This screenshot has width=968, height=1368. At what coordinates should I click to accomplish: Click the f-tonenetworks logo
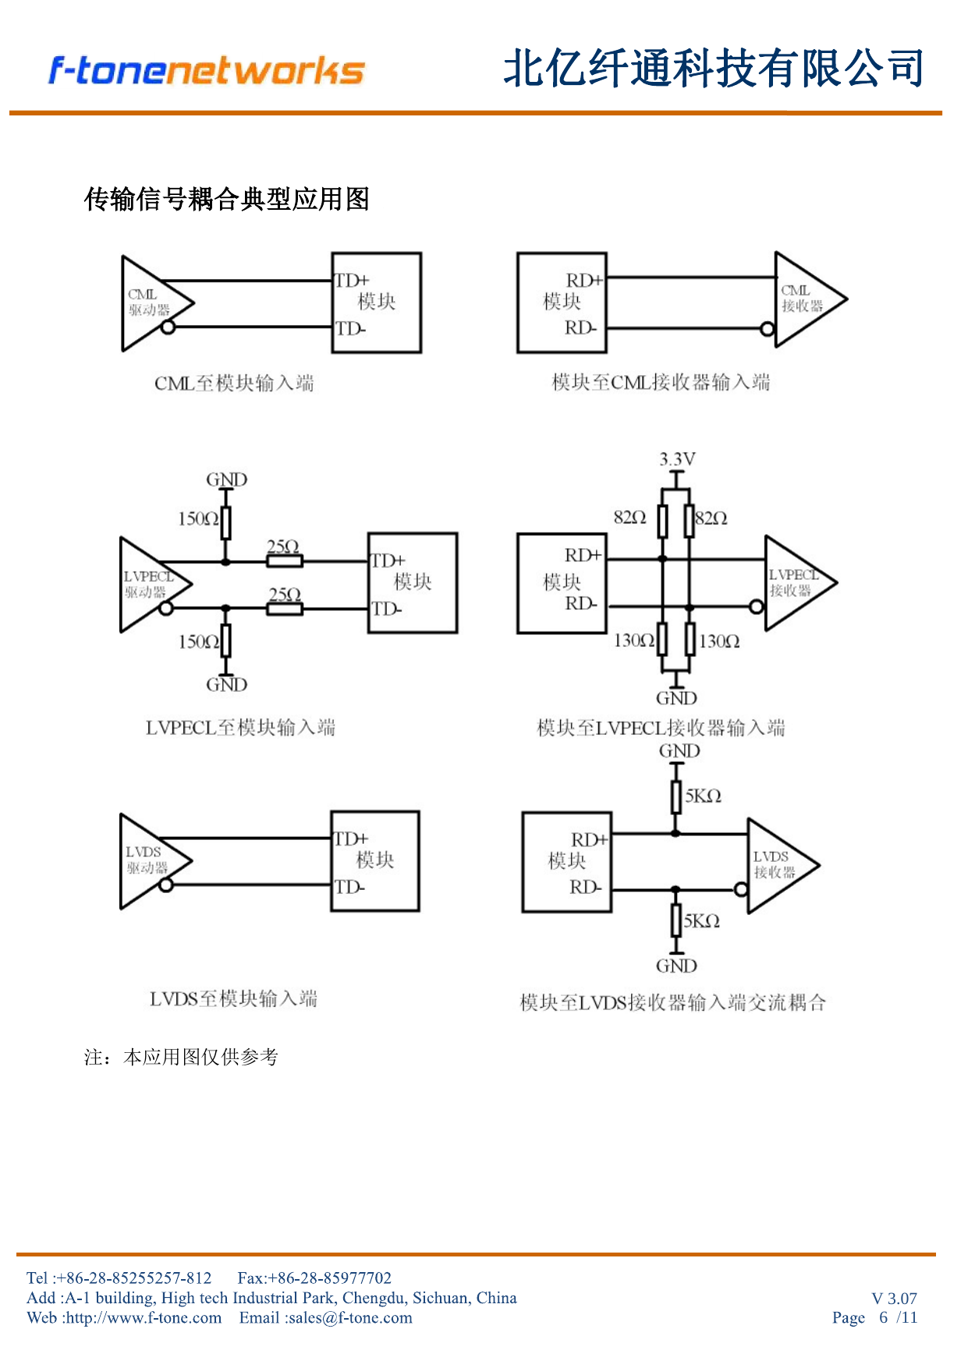tap(207, 70)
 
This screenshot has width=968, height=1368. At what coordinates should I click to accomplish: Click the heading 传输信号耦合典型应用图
tap(226, 199)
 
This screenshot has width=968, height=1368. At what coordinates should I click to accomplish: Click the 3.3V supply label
tap(677, 459)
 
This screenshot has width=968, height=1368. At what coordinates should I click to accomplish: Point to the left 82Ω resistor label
tap(629, 517)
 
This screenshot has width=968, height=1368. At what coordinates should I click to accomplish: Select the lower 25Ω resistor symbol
tap(285, 608)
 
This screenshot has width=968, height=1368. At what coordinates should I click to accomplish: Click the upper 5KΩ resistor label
tap(703, 796)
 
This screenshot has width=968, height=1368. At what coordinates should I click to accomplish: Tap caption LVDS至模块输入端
tap(233, 998)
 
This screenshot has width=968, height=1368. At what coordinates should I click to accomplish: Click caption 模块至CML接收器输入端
tap(661, 382)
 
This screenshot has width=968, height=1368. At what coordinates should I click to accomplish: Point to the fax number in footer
tap(314, 1278)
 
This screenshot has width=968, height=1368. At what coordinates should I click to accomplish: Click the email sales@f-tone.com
tap(349, 1317)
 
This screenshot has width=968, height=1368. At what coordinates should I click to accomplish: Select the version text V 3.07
tap(894, 1299)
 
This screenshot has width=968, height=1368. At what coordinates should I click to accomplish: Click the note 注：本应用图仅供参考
tap(181, 1057)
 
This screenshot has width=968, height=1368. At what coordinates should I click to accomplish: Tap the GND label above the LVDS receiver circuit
tap(679, 751)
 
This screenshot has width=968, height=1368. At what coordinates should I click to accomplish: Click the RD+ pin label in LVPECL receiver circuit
tap(583, 555)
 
